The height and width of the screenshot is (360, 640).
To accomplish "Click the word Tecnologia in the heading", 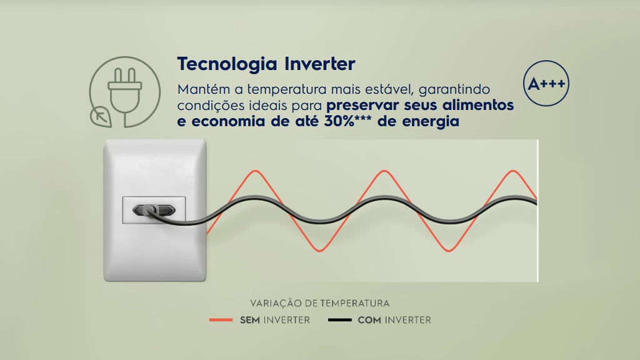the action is (227, 64).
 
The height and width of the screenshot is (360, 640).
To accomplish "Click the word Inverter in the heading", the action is (319, 64).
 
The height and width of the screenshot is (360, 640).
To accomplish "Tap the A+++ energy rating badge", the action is (546, 84).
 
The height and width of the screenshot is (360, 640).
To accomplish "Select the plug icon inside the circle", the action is (124, 91).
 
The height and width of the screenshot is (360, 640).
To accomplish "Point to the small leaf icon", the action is (101, 117).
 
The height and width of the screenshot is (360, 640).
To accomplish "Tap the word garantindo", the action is (454, 89).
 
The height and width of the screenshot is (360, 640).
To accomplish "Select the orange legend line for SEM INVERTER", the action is (221, 320).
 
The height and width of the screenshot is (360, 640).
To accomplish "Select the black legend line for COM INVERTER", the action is (339, 320).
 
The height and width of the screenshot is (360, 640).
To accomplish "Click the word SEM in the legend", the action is (250, 320).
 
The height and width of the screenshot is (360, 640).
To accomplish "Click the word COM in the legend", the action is (369, 320).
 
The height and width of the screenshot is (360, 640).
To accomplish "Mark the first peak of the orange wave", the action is (256, 171).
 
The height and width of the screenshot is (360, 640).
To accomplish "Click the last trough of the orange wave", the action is (449, 251).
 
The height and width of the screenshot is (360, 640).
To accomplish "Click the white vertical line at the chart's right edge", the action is (538, 211).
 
